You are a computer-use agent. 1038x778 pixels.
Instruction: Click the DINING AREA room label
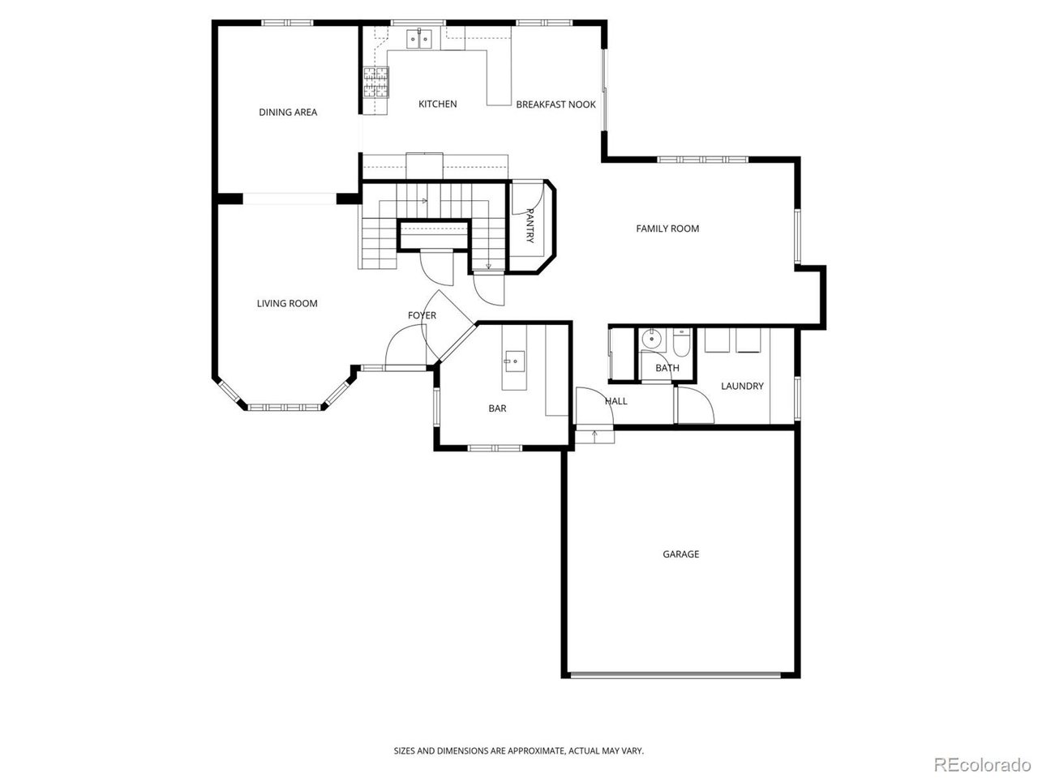coord(288,112)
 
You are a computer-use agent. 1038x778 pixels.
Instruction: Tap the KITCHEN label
coord(437,104)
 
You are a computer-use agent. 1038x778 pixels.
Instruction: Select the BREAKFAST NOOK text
coord(555,105)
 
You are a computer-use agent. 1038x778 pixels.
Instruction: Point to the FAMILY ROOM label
coord(667,229)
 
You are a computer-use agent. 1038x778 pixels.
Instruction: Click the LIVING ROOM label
coord(287,303)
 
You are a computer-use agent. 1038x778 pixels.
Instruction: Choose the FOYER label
coord(422,315)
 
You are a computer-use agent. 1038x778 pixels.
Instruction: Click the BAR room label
coord(497,408)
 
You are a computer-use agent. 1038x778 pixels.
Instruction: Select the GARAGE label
coord(680,554)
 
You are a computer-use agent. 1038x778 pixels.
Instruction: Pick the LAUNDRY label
coord(742,386)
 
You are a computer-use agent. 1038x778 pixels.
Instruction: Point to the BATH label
coord(667,368)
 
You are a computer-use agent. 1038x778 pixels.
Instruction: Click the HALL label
coord(616,400)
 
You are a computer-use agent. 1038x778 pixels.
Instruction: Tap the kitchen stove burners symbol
coord(375,82)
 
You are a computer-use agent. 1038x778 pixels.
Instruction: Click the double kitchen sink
coord(420,38)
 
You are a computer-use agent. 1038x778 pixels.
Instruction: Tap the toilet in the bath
coord(681,344)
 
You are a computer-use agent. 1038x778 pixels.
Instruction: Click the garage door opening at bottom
coord(676,673)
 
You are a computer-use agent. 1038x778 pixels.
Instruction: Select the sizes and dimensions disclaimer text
coord(519,751)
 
